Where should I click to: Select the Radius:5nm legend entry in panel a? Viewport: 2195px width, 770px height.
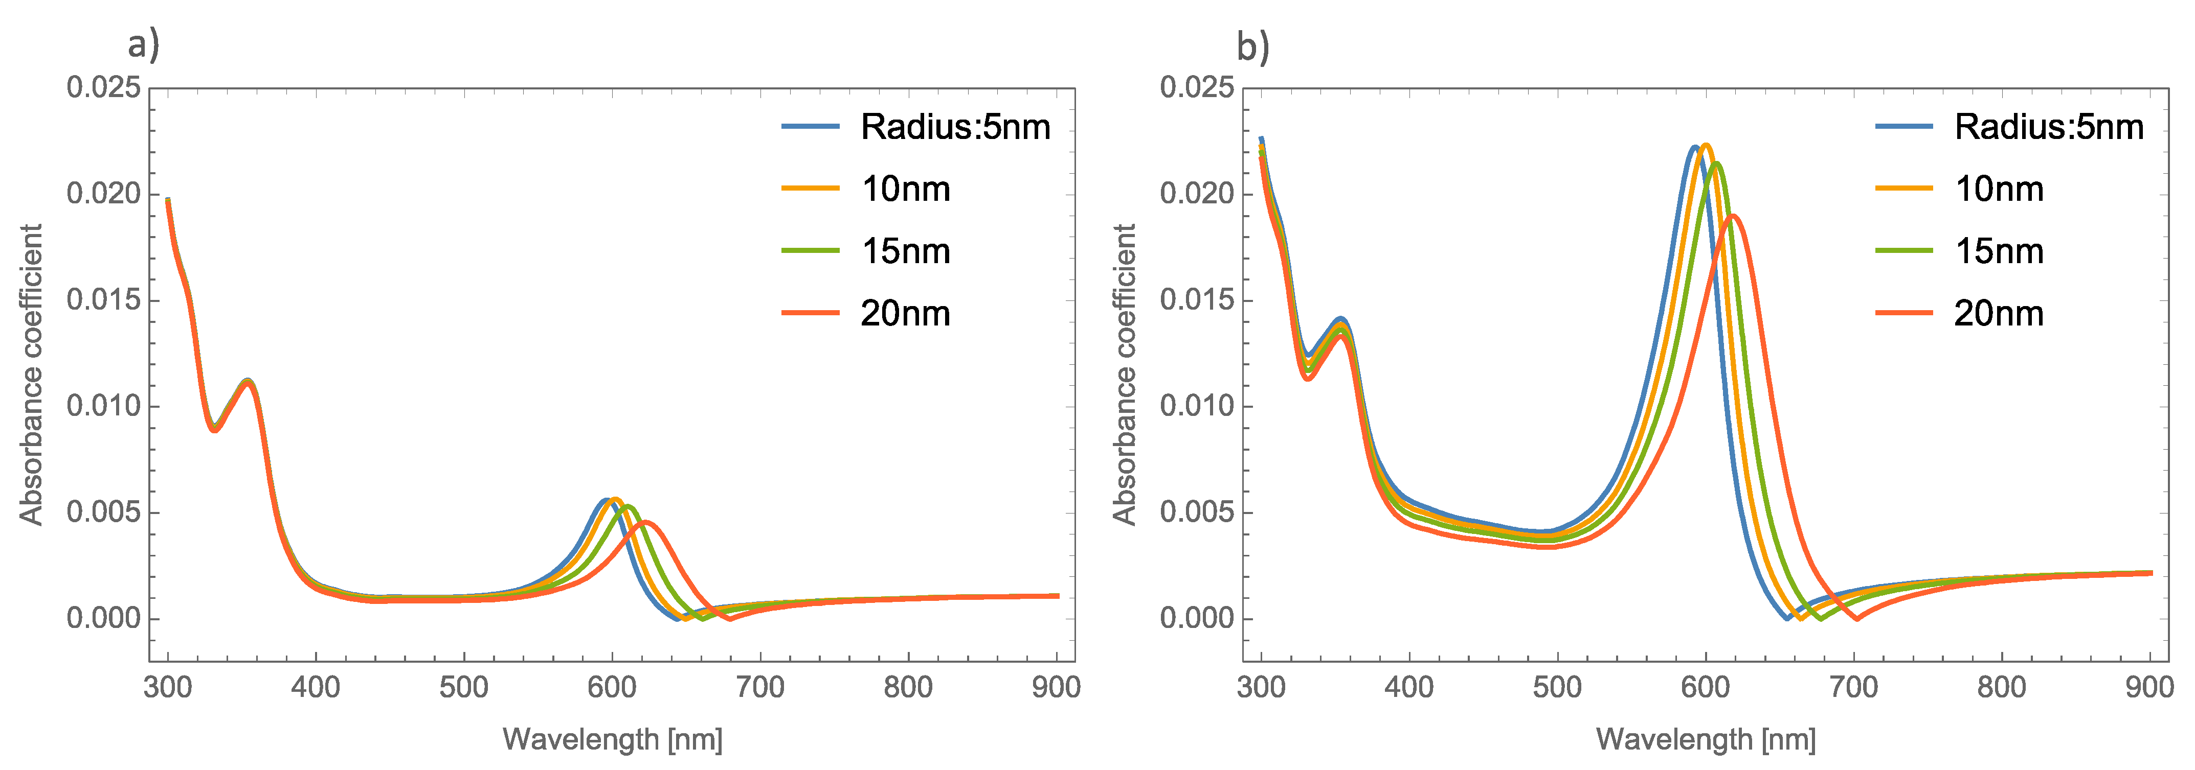(x=954, y=127)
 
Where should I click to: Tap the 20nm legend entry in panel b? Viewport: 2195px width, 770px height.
(x=1998, y=313)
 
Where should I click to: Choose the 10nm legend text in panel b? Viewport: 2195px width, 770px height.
(x=1998, y=189)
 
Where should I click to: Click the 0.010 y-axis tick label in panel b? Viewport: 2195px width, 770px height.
(x=1196, y=406)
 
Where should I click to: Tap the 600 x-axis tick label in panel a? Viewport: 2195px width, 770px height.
(x=612, y=687)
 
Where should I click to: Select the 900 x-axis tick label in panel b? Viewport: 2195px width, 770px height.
(x=2149, y=687)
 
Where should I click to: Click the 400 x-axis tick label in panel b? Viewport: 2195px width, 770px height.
(x=1409, y=687)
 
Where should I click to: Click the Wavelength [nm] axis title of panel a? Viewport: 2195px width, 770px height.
(x=612, y=738)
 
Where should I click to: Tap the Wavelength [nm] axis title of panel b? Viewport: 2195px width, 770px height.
(x=1705, y=738)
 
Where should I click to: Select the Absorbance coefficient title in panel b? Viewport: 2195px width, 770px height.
(x=1124, y=375)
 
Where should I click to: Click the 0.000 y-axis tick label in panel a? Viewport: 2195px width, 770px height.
(x=103, y=618)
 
